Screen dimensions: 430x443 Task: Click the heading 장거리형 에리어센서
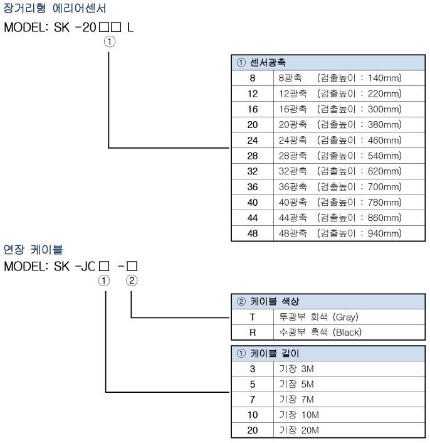coord(55,8)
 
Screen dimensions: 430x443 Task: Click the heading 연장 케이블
coord(33,250)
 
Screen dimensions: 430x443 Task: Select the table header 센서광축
coord(268,63)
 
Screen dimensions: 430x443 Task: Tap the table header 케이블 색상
coord(275,301)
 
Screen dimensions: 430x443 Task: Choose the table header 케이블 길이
coord(275,353)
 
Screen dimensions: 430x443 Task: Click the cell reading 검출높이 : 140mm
coord(359,78)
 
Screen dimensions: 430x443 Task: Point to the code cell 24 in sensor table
coord(253,141)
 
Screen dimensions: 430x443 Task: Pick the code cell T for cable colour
coord(253,317)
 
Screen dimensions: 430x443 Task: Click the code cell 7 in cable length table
coord(253,400)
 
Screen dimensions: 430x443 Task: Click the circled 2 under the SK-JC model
coord(132,281)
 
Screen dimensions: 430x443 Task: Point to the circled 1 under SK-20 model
coord(110,42)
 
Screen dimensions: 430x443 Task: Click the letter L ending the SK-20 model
coord(130,28)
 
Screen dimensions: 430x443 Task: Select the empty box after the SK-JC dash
coord(132,266)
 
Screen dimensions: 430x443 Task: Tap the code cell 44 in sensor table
coord(253,218)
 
